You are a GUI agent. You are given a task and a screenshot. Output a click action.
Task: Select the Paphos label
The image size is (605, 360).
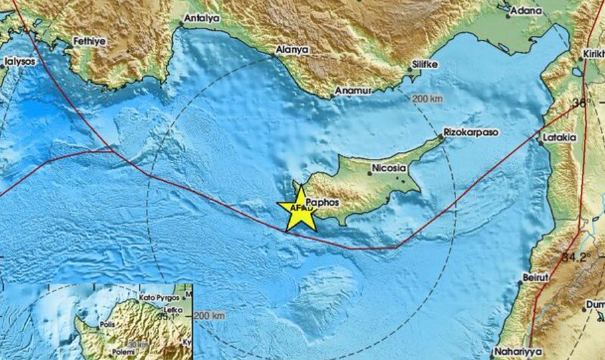pyautogui.click(x=323, y=202)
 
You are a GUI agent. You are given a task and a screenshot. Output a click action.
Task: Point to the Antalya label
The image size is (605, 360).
pyautogui.click(x=201, y=19)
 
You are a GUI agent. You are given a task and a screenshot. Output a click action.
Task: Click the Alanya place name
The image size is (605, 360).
pyautogui.click(x=292, y=49)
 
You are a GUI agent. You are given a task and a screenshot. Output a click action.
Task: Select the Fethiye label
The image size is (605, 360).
pyautogui.click(x=89, y=41)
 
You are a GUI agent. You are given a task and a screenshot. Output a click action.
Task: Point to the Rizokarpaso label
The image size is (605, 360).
pyautogui.click(x=471, y=132)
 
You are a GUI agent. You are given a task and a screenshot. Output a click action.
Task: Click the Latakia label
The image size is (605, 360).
pyautogui.click(x=559, y=138)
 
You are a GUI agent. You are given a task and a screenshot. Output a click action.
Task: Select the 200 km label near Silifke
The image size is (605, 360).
pyautogui.click(x=427, y=99)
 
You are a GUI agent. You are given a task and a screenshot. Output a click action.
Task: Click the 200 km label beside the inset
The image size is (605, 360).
pyautogui.click(x=210, y=316)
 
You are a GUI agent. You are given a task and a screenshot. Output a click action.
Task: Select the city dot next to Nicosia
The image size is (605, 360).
pyautogui.click(x=370, y=174)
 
